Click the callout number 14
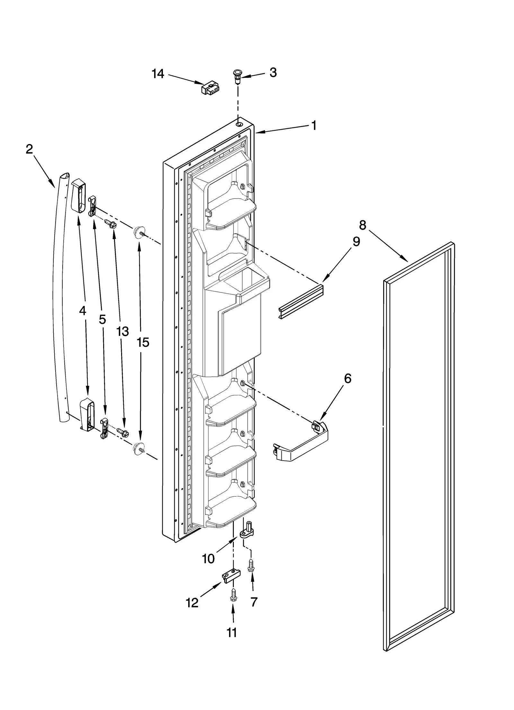[158, 74]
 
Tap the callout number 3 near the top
[273, 73]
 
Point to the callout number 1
[314, 125]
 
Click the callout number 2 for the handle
[29, 149]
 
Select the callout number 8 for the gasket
[362, 225]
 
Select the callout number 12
[192, 603]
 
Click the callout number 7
[254, 602]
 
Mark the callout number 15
[143, 343]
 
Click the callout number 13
[122, 331]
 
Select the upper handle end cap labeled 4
[78, 196]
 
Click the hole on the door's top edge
[239, 124]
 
